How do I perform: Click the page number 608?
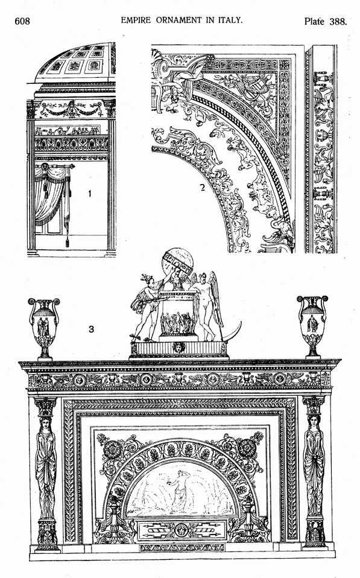[22, 21]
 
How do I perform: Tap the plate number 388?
[338, 21]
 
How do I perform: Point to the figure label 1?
[89, 193]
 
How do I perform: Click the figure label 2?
[202, 188]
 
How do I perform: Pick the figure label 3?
[91, 329]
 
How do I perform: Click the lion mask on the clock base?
[179, 348]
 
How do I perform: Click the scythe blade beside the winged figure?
[232, 332]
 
